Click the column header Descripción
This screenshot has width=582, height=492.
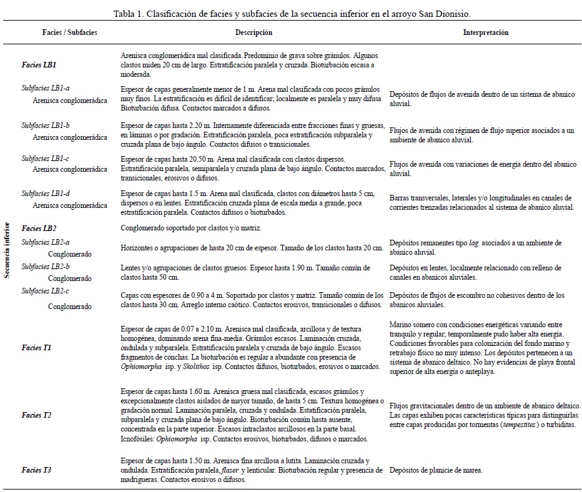pyautogui.click(x=254, y=32)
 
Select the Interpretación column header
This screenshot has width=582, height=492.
pyautogui.click(x=485, y=32)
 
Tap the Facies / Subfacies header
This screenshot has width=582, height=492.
pyautogui.click(x=69, y=32)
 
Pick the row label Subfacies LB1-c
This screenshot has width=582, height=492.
pyautogui.click(x=46, y=159)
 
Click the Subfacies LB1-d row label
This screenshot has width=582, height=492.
pyautogui.click(x=46, y=194)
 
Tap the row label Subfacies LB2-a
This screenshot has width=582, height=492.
pyautogui.click(x=46, y=242)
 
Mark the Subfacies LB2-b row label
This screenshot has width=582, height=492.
pyautogui.click(x=46, y=267)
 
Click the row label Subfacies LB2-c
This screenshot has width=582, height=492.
pyautogui.click(x=46, y=291)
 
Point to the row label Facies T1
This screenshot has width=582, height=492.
pyautogui.click(x=36, y=347)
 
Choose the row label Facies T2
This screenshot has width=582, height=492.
pyautogui.click(x=36, y=415)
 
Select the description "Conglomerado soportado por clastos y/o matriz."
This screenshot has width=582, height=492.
pyautogui.click(x=196, y=229)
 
